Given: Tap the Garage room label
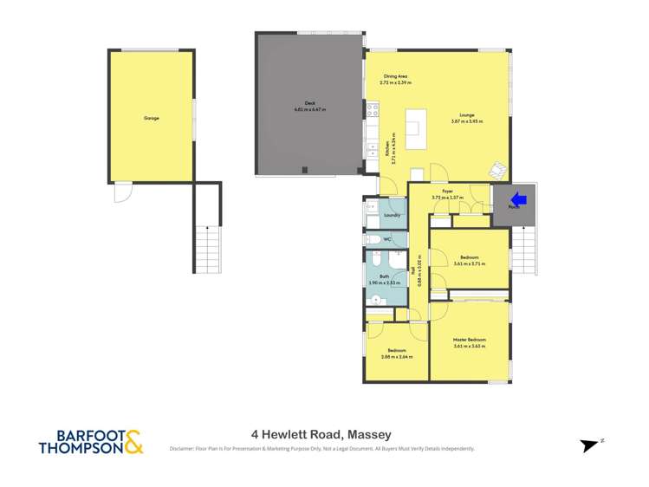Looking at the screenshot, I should pyautogui.click(x=152, y=118).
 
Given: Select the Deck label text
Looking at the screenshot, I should pyautogui.click(x=309, y=103).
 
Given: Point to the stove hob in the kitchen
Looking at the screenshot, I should pyautogui.click(x=373, y=110).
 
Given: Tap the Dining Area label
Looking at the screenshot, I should pyautogui.click(x=396, y=77).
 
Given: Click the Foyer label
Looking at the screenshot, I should pyautogui.click(x=448, y=191).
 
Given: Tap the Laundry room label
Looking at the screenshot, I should pyautogui.click(x=392, y=214).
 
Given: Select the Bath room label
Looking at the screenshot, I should pyautogui.click(x=384, y=276).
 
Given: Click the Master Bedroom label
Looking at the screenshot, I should pyautogui.click(x=469, y=340).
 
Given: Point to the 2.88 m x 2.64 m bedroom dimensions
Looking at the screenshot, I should pyautogui.click(x=396, y=356).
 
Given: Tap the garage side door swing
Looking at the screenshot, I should pyautogui.click(x=122, y=192).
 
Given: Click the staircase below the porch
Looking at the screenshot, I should pyautogui.click(x=523, y=250).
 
